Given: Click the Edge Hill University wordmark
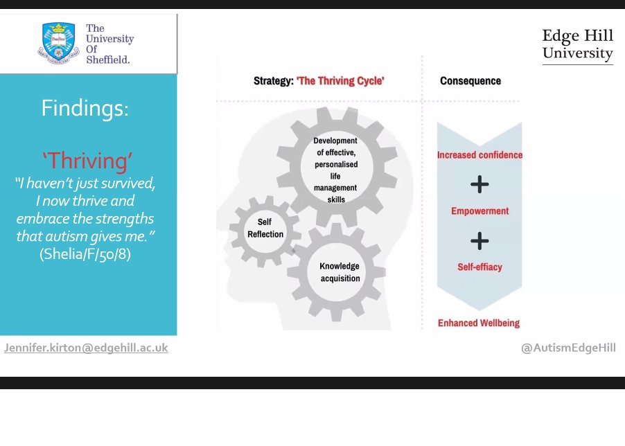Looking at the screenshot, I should [577, 45].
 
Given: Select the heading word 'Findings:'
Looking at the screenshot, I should [85, 108].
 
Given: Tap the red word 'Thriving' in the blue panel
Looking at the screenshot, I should [87, 161].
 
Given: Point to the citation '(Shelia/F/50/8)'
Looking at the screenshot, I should [85, 253].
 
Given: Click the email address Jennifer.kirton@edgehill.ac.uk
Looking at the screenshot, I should [86, 348].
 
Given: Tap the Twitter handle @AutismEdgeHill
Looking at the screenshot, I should [568, 348].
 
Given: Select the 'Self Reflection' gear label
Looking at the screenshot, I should [265, 229].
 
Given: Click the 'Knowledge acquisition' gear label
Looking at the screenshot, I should [340, 272].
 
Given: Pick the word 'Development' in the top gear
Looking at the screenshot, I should [335, 141].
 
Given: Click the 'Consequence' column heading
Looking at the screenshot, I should [470, 81].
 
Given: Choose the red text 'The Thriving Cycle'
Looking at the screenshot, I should [340, 81].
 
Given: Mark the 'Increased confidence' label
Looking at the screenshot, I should [479, 155].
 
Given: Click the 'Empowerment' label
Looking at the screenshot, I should [479, 211].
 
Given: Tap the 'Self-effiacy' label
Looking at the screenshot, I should [479, 267].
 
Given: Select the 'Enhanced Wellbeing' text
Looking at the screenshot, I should [479, 323].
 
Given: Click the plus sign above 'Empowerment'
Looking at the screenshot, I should [479, 184].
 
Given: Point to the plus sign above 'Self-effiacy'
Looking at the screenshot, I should [479, 241].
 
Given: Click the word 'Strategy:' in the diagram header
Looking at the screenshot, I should [274, 81].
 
